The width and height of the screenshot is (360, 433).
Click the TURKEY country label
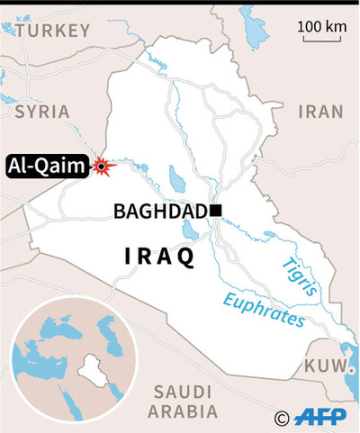click(x=53, y=31)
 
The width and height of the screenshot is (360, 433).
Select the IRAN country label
click(x=321, y=112)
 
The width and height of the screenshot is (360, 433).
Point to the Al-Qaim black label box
click(x=48, y=165)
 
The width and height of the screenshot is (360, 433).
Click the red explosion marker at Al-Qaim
click(x=103, y=166)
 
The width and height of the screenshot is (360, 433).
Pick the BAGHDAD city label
click(x=161, y=212)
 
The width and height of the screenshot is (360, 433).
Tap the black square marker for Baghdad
click(x=215, y=212)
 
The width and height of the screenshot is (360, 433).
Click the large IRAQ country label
click(x=159, y=257)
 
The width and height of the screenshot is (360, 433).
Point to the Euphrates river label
click(x=264, y=309)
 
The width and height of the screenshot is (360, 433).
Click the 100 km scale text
click(x=322, y=26)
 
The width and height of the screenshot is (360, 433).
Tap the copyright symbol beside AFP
click(x=283, y=417)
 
